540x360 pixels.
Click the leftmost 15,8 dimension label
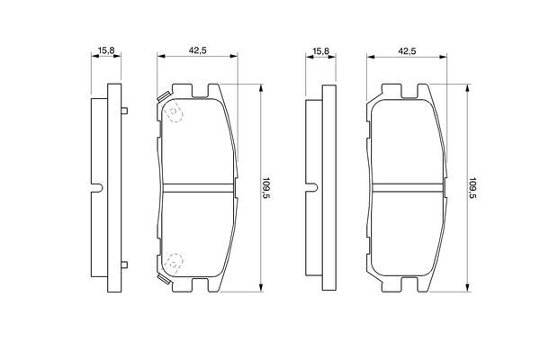tap(106, 50)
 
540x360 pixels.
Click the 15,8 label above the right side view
tap(320, 51)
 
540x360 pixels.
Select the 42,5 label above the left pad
tap(197, 50)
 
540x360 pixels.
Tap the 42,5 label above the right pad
tap(407, 51)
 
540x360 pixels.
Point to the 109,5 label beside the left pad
tap(265, 188)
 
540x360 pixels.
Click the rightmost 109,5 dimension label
tap(472, 189)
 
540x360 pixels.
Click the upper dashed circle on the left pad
tap(174, 112)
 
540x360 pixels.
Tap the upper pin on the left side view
tap(124, 111)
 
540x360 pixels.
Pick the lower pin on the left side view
tap(124, 265)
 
